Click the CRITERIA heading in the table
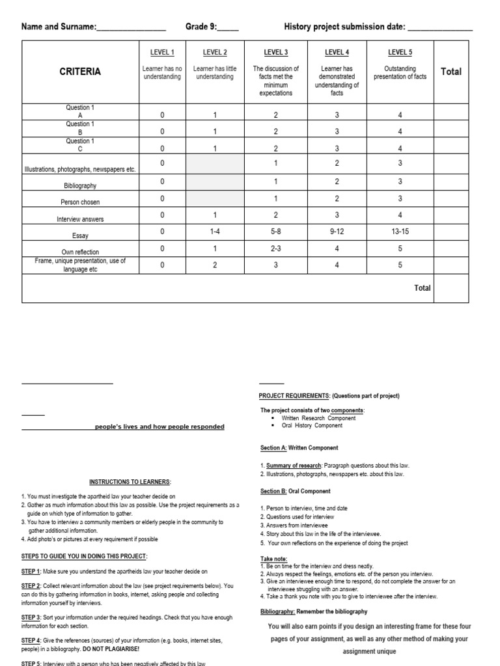coord(80,72)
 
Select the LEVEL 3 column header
coord(276,53)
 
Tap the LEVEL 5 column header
coord(400,53)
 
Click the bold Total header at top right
coord(451,72)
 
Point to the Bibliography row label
coord(80,185)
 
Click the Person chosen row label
coord(80,202)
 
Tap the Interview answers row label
coord(80,220)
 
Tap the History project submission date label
coord(344,27)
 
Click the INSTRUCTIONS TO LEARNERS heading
coord(130,482)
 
